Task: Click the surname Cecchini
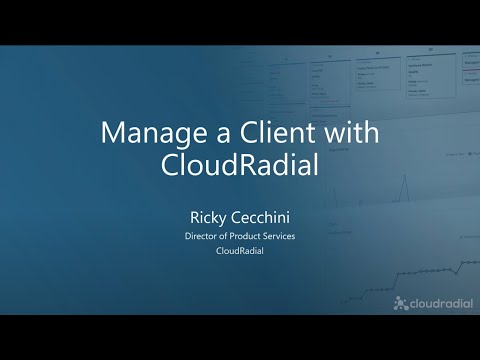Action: pyautogui.click(x=263, y=213)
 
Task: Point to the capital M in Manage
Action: pyautogui.click(x=113, y=133)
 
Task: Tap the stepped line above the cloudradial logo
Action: pyautogui.click(x=430, y=268)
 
